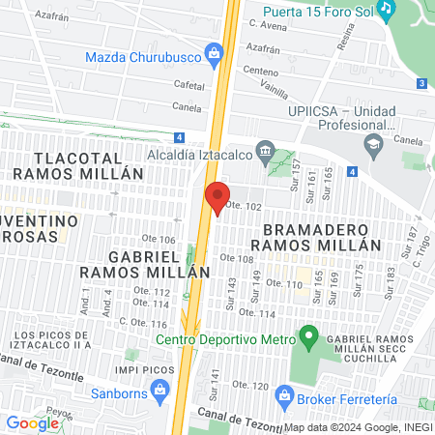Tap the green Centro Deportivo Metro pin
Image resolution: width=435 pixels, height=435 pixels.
click(x=308, y=338)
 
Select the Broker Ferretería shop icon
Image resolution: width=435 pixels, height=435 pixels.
click(x=284, y=395)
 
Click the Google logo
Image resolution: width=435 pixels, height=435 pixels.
click(x=32, y=422)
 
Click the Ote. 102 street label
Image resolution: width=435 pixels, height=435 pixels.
click(x=244, y=207)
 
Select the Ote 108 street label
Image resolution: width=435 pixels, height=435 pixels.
click(x=237, y=259)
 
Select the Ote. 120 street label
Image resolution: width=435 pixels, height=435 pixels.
click(x=249, y=386)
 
